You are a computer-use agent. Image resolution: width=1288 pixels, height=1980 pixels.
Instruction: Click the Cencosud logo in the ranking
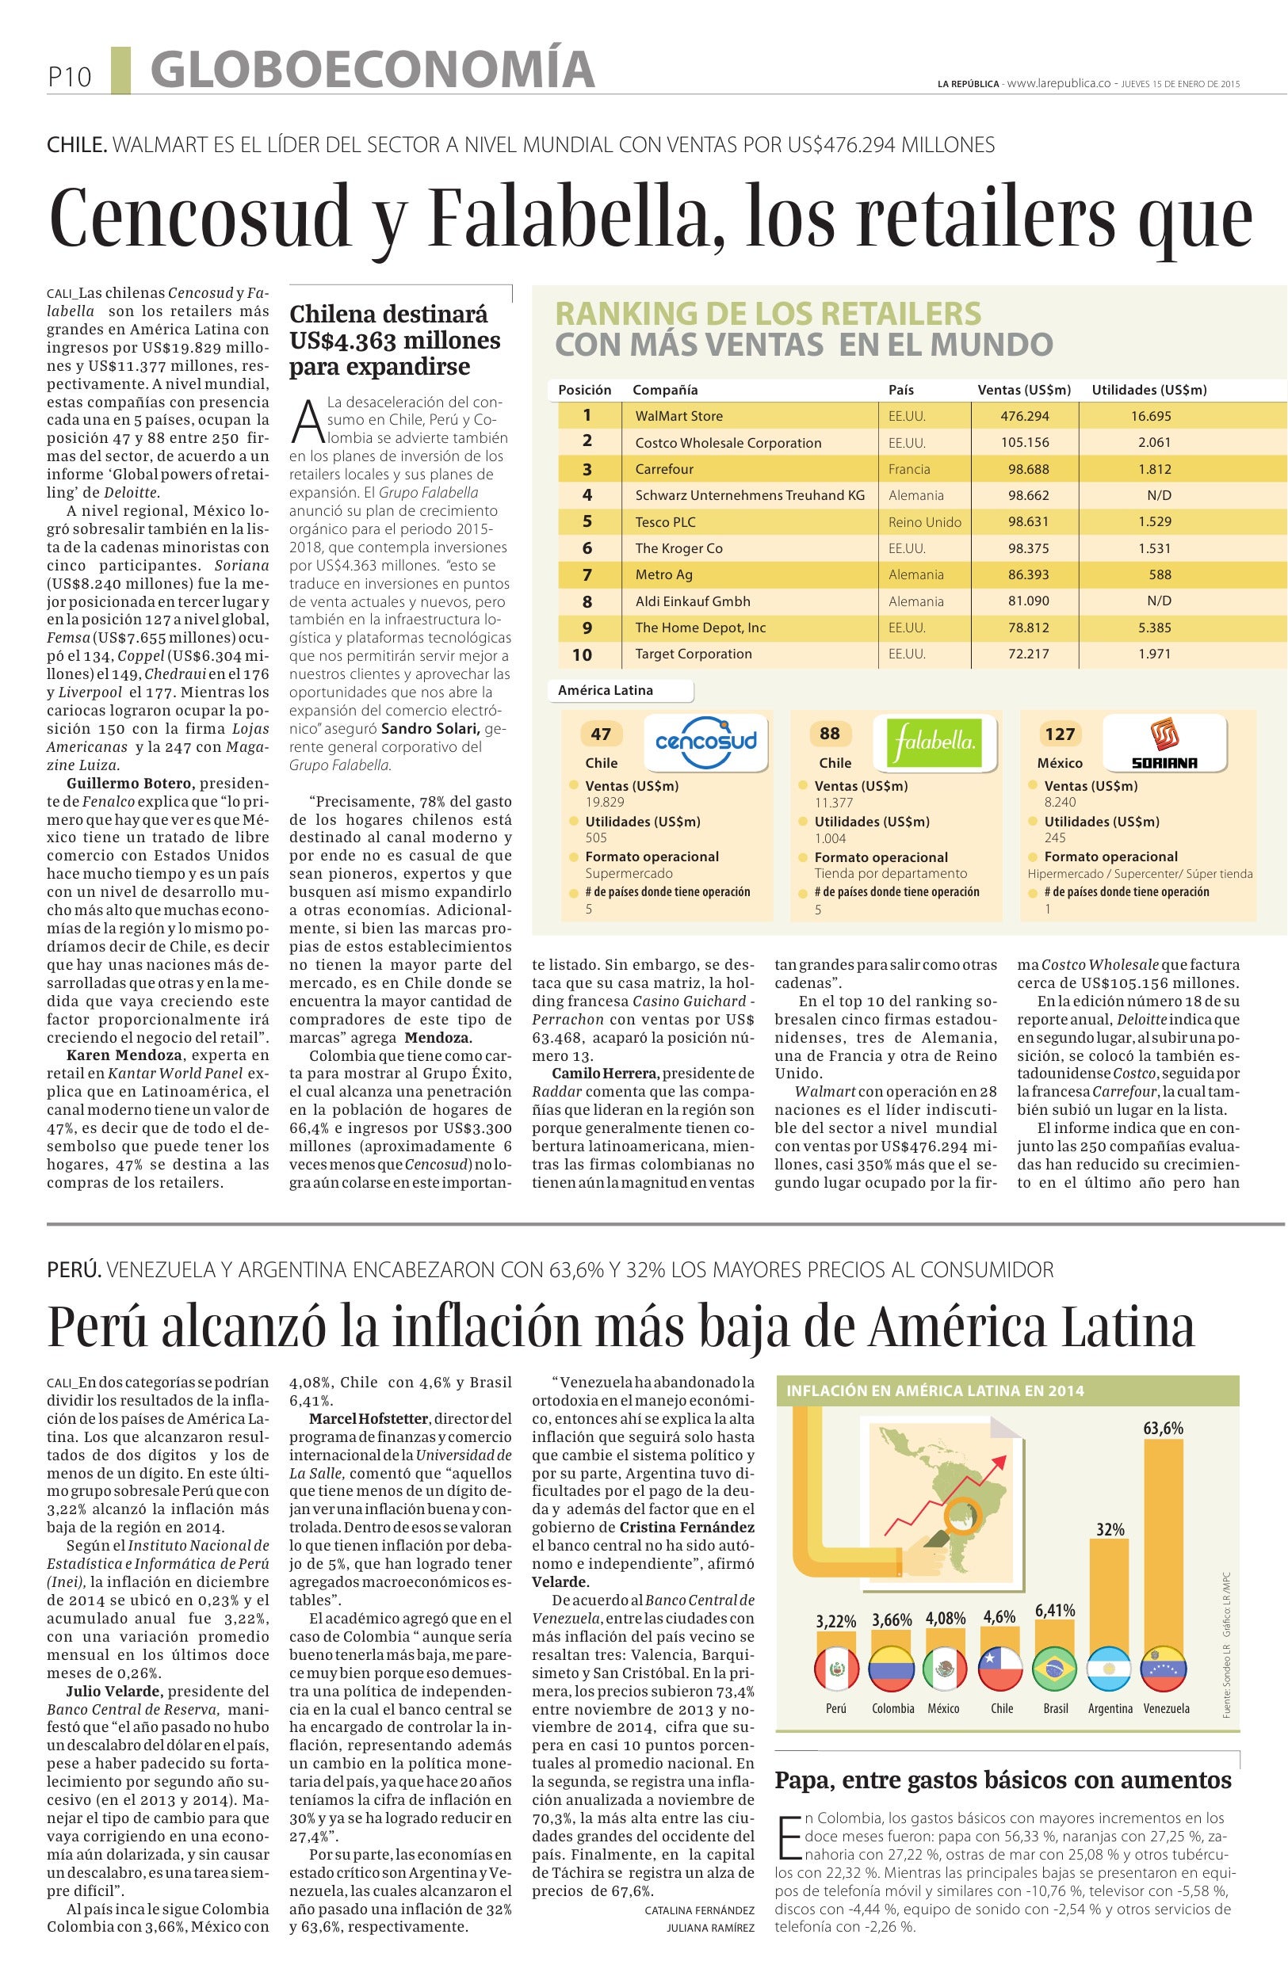(x=705, y=739)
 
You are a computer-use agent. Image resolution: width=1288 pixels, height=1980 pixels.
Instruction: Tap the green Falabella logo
(x=935, y=740)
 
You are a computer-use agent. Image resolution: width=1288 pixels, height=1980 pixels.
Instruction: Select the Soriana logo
(x=1164, y=744)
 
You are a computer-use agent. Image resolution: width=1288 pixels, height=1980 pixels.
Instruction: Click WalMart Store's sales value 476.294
(x=1024, y=416)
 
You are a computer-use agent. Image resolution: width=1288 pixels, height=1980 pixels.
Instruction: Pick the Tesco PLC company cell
(x=665, y=521)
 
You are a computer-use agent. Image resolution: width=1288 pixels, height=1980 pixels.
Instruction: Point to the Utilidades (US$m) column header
(x=1148, y=389)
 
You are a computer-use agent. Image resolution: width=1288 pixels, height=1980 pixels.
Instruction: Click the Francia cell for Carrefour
(x=908, y=469)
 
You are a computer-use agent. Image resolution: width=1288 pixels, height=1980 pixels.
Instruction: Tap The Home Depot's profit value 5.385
(x=1154, y=628)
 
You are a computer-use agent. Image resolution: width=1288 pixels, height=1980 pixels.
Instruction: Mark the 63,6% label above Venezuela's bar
(x=1162, y=1429)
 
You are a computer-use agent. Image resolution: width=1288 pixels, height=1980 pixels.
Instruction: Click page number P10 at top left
(x=69, y=78)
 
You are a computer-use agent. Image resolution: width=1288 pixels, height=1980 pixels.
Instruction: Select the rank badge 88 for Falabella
(x=829, y=734)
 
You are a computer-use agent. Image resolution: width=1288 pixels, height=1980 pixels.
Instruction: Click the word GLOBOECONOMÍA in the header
(x=373, y=70)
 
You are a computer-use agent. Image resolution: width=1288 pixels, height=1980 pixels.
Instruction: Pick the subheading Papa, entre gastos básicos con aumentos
(x=1003, y=1780)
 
